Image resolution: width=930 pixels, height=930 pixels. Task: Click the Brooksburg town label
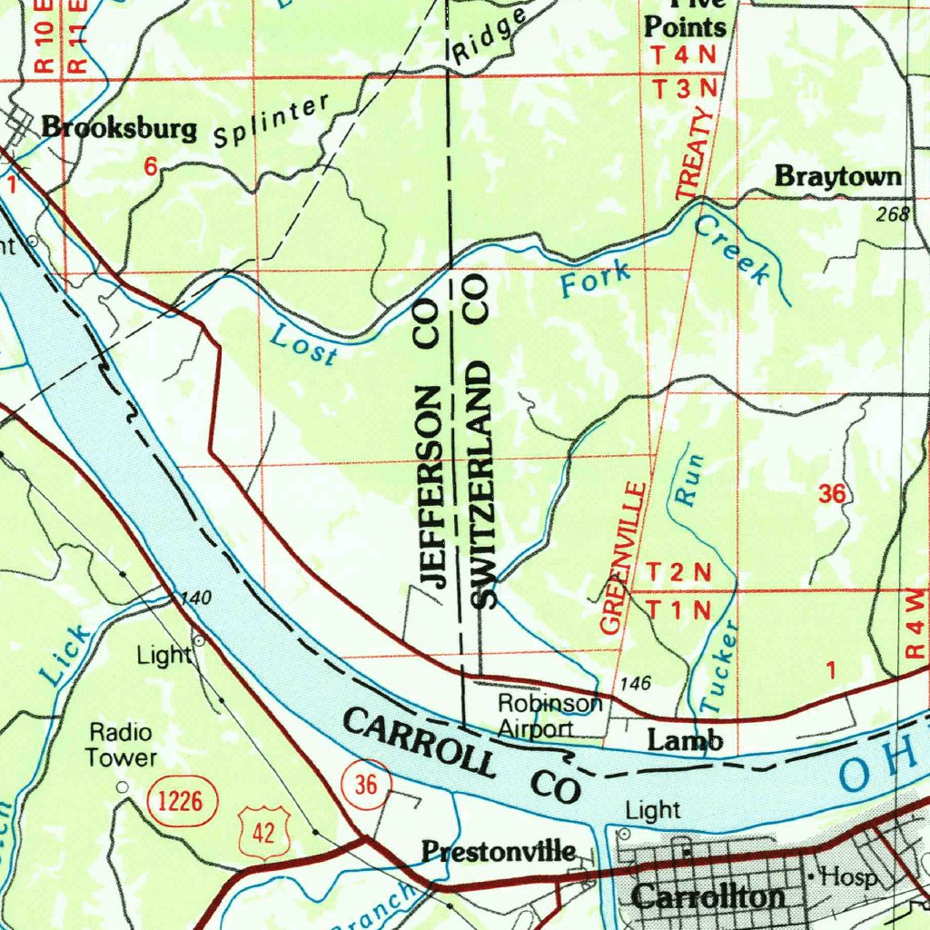(x=119, y=128)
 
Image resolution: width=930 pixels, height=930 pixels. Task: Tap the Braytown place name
(x=837, y=177)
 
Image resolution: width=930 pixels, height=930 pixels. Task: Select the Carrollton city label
(x=708, y=897)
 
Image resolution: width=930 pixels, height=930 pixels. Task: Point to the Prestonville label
(x=499, y=851)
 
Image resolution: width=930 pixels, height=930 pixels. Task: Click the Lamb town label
(x=685, y=741)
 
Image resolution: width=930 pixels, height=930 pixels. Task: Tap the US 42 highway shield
(x=264, y=831)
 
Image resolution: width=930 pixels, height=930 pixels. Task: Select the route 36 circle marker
(x=366, y=785)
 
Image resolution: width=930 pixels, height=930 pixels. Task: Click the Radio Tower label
(x=122, y=745)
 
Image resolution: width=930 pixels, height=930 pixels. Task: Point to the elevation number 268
(x=893, y=215)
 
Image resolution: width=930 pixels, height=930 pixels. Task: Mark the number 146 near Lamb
(x=636, y=684)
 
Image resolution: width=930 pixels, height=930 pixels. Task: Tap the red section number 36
(x=832, y=494)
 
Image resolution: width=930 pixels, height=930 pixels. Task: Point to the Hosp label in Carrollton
(x=848, y=877)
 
